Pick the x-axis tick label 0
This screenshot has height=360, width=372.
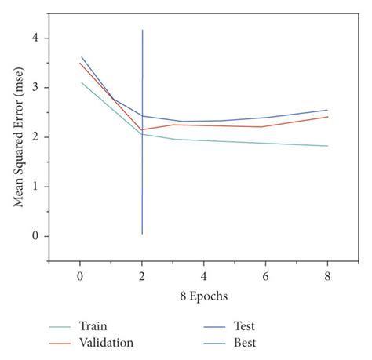coord(79,278)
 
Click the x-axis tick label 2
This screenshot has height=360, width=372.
coord(141,278)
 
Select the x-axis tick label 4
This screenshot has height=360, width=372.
coord(203,278)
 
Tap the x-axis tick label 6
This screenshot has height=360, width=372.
coord(265,278)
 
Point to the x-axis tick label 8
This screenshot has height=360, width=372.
coord(327,278)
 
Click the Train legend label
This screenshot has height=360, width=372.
coord(93,326)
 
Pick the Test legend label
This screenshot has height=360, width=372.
coord(243,326)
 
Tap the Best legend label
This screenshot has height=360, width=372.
coord(243,343)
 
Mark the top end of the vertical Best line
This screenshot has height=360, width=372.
coord(142,31)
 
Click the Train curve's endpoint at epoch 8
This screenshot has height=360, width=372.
coord(327,146)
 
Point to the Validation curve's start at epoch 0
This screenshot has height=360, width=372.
coord(80,64)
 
